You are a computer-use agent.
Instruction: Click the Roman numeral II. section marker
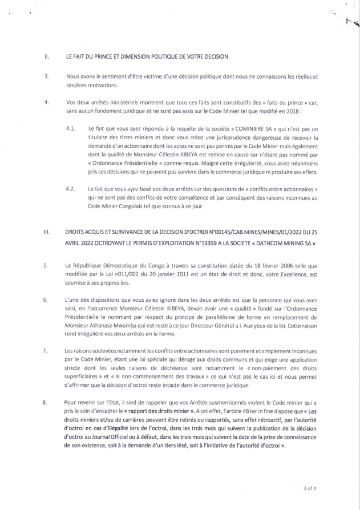[x=47, y=57]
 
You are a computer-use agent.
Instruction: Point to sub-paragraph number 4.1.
[x=71, y=131]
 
